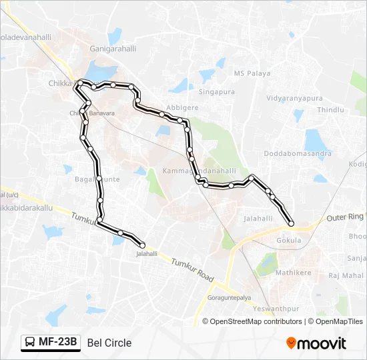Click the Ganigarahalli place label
pyautogui.click(x=113, y=48)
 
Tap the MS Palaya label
pyautogui.click(x=250, y=73)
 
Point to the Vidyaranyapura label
pyautogui.click(x=294, y=98)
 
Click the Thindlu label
pyautogui.click(x=330, y=109)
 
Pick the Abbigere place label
pyautogui.click(x=182, y=107)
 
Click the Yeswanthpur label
pyautogui.click(x=276, y=309)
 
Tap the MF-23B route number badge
pyautogui.click(x=51, y=343)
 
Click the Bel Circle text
pyautogui.click(x=109, y=343)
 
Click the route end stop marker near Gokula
pyautogui.click(x=291, y=223)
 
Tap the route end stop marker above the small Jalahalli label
pyautogui.click(x=142, y=245)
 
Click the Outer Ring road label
pyautogui.click(x=346, y=217)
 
